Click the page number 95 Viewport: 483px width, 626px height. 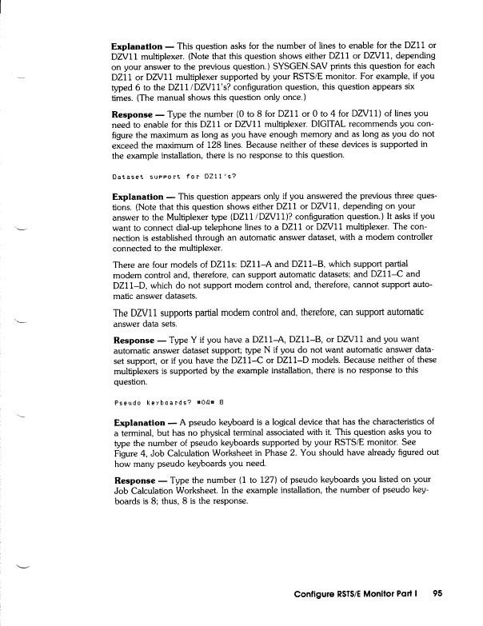tap(437, 594)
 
